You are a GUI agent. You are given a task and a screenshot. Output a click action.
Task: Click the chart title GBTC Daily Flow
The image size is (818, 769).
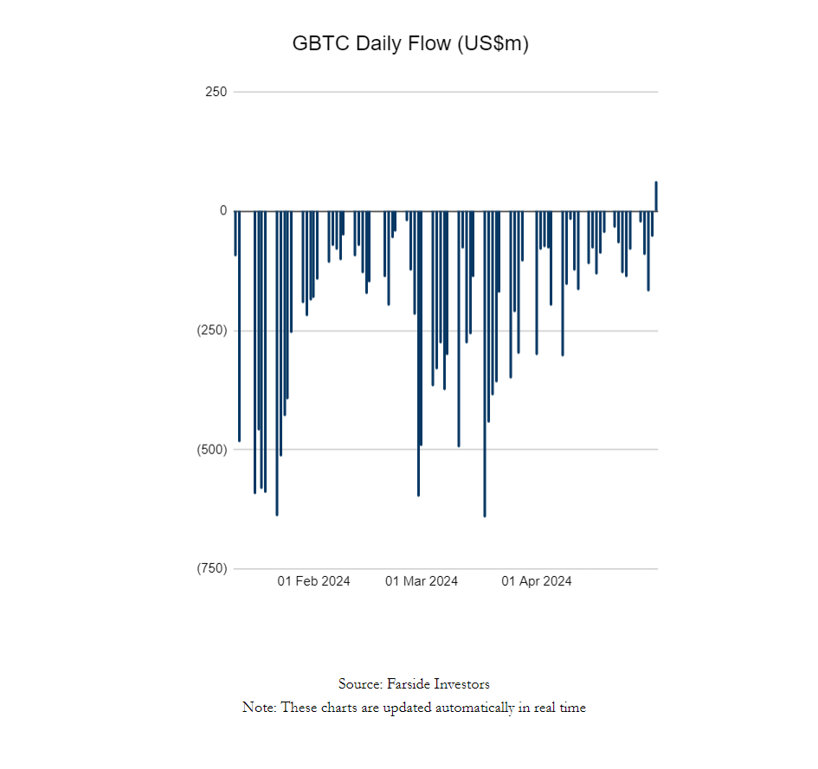click(x=372, y=43)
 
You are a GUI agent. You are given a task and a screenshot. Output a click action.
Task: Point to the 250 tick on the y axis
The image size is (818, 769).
click(x=216, y=92)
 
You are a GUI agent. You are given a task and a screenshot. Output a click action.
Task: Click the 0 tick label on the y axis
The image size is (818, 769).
click(x=223, y=210)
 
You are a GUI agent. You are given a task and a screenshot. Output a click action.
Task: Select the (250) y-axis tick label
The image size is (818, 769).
click(x=212, y=330)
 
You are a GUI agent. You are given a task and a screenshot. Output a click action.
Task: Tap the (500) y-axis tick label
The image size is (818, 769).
click(x=212, y=450)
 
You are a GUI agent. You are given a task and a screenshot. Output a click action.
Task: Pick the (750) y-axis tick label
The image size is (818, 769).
click(x=212, y=568)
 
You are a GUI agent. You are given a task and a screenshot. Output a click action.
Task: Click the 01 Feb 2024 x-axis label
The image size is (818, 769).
click(x=313, y=581)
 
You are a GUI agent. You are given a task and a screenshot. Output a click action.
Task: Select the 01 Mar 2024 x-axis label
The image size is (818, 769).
click(x=422, y=581)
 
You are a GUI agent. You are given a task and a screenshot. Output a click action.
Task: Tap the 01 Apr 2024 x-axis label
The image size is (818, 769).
click(x=537, y=581)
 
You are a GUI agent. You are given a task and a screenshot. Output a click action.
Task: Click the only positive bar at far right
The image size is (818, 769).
click(x=656, y=196)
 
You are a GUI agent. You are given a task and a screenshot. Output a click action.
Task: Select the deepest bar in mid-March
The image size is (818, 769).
click(x=485, y=364)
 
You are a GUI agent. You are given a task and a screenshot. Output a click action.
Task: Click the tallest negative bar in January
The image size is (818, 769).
click(x=277, y=363)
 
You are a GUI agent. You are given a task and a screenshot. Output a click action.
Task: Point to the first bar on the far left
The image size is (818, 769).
click(x=235, y=233)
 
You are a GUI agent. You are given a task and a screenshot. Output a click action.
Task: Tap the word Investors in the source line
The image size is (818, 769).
click(x=462, y=684)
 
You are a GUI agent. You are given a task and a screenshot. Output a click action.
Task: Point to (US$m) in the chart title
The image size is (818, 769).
click(x=493, y=43)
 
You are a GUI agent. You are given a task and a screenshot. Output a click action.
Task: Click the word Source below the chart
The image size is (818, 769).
click(x=360, y=684)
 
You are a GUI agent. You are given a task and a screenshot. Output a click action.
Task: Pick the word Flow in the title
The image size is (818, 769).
click(x=429, y=43)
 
